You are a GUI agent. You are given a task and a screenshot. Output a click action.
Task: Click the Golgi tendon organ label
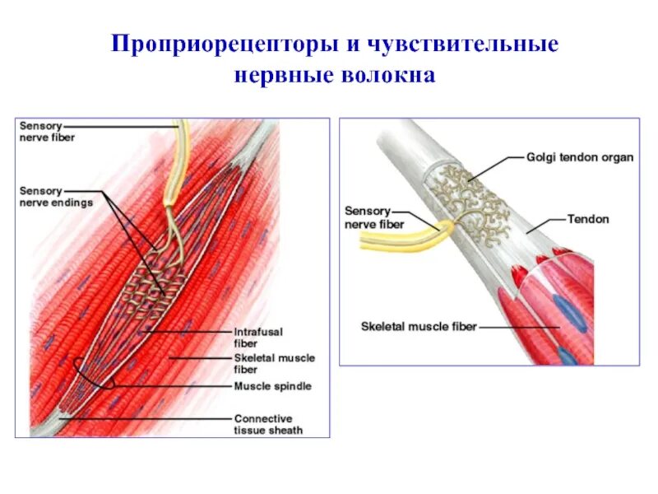(x=580, y=157)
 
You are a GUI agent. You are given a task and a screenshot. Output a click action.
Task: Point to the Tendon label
(x=588, y=220)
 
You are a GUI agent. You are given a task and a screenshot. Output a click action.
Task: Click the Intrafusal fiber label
(x=258, y=337)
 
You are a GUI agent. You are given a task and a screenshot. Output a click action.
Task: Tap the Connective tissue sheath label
(x=268, y=423)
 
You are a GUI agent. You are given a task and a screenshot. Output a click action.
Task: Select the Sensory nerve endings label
(x=56, y=196)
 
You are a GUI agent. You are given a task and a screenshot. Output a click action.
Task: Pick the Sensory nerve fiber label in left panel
(x=47, y=132)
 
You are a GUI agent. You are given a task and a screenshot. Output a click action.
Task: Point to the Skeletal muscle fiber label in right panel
(x=419, y=327)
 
